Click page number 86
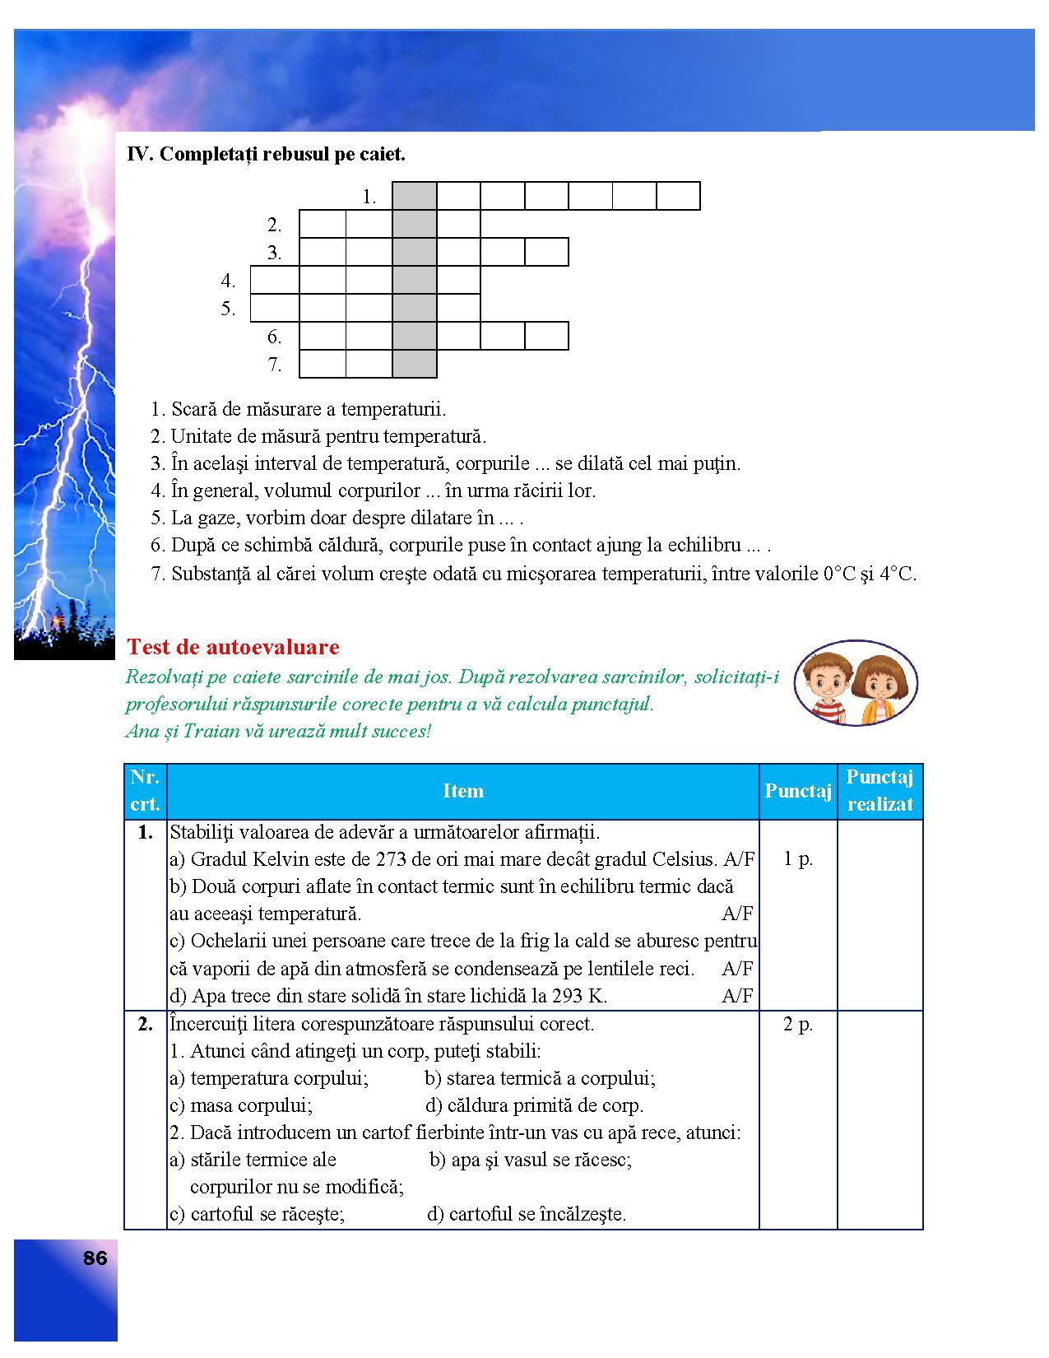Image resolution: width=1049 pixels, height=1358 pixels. (x=95, y=1258)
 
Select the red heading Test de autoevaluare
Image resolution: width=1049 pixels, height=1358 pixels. (x=233, y=647)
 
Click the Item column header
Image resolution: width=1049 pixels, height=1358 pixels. (x=462, y=791)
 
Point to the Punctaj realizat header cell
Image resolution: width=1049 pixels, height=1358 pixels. (x=880, y=791)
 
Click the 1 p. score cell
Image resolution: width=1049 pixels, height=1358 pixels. (x=798, y=858)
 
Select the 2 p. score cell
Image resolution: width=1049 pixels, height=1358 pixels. (x=798, y=1025)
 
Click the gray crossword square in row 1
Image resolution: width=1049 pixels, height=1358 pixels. (x=415, y=197)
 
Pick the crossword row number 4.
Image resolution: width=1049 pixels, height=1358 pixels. (x=228, y=281)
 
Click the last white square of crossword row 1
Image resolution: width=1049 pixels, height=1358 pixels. (x=678, y=197)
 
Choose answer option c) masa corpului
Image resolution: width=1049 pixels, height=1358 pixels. (x=241, y=1105)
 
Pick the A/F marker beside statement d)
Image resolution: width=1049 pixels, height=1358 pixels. (x=737, y=996)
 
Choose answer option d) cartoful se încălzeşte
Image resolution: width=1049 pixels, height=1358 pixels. (x=527, y=1214)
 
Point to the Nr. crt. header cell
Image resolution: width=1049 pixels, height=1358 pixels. (x=145, y=791)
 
